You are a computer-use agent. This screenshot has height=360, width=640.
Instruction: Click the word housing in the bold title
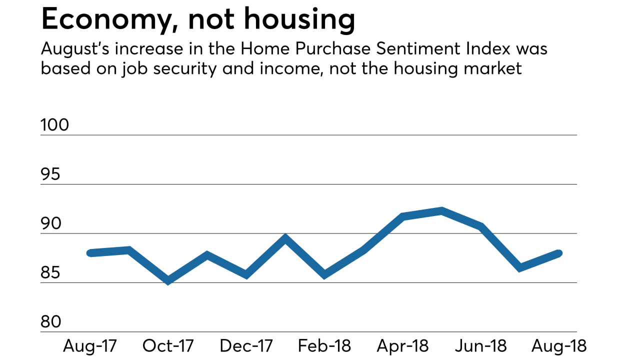[x=299, y=20]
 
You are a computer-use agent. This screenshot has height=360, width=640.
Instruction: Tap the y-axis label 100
[x=54, y=125]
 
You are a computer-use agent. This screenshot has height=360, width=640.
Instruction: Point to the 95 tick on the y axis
[x=50, y=174]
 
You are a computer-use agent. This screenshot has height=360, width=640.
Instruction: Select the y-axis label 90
[x=50, y=223]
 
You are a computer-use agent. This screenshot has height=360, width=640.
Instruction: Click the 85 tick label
[x=50, y=273]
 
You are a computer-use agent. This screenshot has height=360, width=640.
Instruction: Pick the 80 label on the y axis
[x=50, y=322]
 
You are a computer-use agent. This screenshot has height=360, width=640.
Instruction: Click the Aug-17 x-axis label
[x=90, y=346]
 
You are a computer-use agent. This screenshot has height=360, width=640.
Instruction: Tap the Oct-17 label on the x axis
[x=168, y=346]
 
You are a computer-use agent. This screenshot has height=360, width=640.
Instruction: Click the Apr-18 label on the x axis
[x=402, y=346]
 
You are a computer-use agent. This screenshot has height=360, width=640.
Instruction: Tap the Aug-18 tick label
[x=559, y=346]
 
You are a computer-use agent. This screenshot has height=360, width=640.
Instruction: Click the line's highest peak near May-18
[x=441, y=210]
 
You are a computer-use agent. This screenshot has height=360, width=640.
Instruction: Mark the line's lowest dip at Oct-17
[x=168, y=281]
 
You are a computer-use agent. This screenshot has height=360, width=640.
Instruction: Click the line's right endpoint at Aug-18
[x=559, y=253]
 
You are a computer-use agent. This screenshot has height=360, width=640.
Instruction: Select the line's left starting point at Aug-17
[x=90, y=253]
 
